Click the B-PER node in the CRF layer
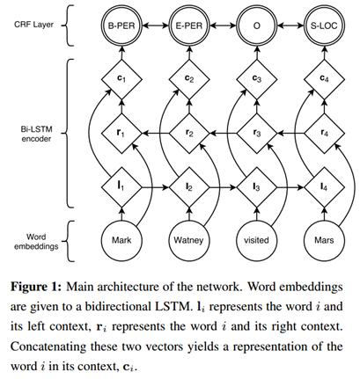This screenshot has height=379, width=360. pyautogui.click(x=121, y=26)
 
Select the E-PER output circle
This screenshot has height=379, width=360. pyautogui.click(x=189, y=26)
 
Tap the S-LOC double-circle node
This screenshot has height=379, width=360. pyautogui.click(x=324, y=26)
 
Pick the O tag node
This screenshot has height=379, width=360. pyautogui.click(x=257, y=26)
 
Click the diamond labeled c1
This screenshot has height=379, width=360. pyautogui.click(x=121, y=79)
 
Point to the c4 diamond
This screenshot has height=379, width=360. pyautogui.click(x=324, y=79)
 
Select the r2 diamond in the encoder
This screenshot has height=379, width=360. pyautogui.click(x=189, y=134)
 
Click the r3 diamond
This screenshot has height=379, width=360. pyautogui.click(x=257, y=134)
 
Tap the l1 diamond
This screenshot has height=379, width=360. pyautogui.click(x=121, y=187)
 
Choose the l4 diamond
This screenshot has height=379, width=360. pyautogui.click(x=324, y=187)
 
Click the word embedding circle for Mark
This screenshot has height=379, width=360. pyautogui.click(x=121, y=240)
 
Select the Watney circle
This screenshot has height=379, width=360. pyautogui.click(x=189, y=240)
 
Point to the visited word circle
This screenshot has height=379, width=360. pyautogui.click(x=257, y=240)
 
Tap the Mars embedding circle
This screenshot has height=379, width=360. pyautogui.click(x=324, y=240)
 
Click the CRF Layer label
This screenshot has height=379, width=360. pyautogui.click(x=33, y=25)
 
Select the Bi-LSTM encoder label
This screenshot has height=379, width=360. pyautogui.click(x=36, y=134)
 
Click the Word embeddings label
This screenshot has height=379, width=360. pyautogui.click(x=36, y=242)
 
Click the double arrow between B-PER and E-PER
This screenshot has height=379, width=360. pyautogui.click(x=155, y=26)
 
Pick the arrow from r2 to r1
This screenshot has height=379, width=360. pyautogui.click(x=156, y=134)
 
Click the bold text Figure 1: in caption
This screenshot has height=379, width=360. pyautogui.click(x=36, y=287)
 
